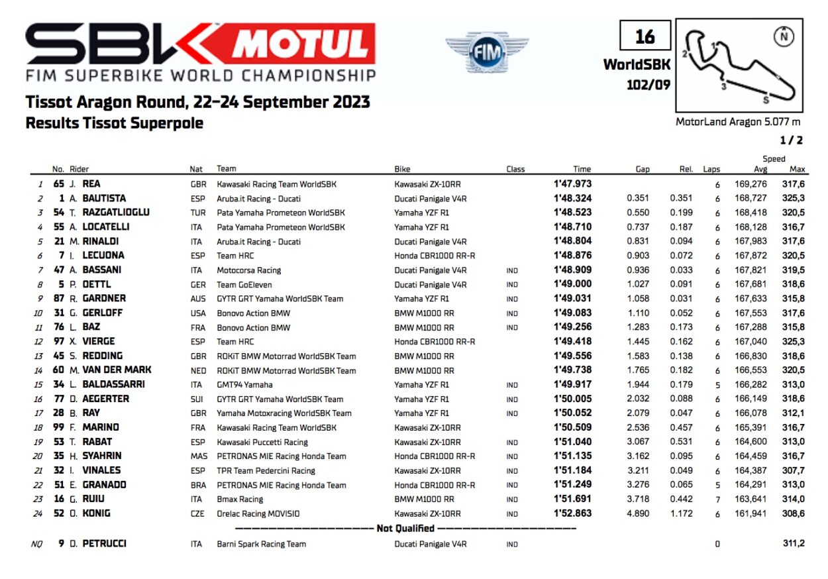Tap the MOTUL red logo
[303, 44]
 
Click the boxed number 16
[645, 36]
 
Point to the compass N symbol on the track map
[785, 35]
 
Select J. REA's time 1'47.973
[573, 184]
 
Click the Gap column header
[643, 169]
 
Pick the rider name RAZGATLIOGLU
[116, 212]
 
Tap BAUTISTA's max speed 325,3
[793, 198]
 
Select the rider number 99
[58, 427]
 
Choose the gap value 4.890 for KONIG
[638, 513]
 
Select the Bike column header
[402, 169]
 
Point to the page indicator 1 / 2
[791, 140]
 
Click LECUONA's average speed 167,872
[750, 256]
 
